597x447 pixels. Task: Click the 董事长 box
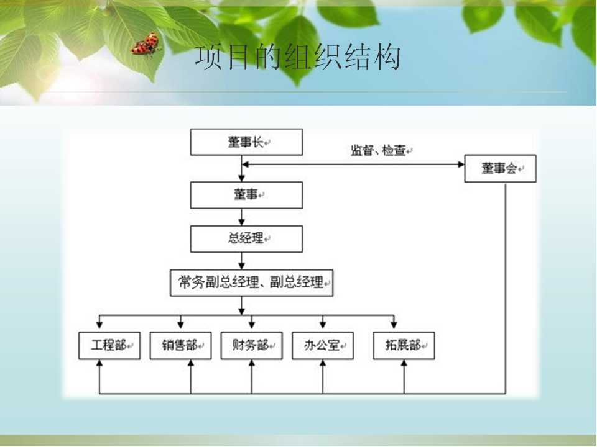coord(246,142)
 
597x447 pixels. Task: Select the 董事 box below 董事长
coord(246,195)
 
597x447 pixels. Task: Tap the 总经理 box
coord(246,239)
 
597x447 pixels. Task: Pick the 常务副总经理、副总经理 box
coord(251,283)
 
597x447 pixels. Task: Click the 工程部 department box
coord(109,346)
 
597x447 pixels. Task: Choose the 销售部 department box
coord(180,346)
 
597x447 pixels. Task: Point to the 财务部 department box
coord(252,346)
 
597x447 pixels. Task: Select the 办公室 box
coord(323,346)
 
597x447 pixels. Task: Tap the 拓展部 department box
coord(404,346)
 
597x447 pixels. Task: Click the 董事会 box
coord(500,168)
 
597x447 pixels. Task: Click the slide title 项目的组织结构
coord(298,57)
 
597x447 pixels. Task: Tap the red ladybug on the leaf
coord(146,45)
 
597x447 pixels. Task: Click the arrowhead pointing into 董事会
coord(461,165)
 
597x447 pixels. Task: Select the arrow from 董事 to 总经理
coord(241,217)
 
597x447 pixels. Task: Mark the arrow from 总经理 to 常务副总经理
coord(241,261)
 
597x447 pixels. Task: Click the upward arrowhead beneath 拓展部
coord(404,363)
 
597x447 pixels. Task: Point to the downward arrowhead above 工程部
coord(99,325)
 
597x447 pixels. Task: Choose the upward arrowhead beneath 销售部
coord(191,363)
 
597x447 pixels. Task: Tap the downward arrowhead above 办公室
coord(323,325)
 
